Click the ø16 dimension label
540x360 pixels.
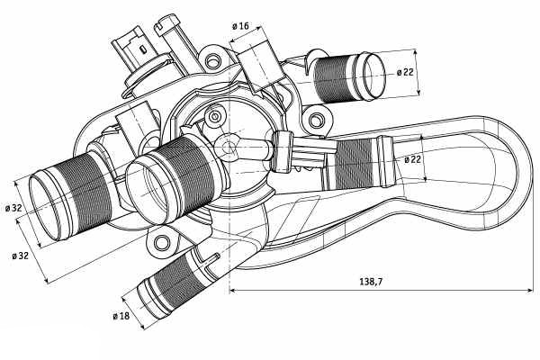(240, 26)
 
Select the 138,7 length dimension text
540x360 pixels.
(369, 283)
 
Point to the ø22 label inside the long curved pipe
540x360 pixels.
(413, 159)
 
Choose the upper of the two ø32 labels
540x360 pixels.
(13, 209)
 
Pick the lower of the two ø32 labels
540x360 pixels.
(21, 256)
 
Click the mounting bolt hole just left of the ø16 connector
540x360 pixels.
(213, 62)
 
